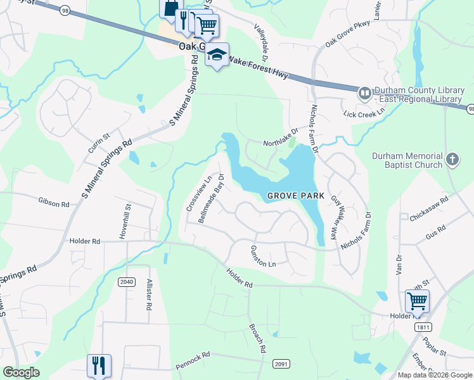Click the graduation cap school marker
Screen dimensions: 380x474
217,55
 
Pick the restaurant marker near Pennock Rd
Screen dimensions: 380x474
99,365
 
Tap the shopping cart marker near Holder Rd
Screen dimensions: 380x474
417,301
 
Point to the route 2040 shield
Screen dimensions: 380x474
126,281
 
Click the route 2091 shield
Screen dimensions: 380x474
281,363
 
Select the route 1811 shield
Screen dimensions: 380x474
424,327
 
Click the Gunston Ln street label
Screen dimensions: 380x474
264,256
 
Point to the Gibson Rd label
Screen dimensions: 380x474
53,203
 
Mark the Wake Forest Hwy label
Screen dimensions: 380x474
258,66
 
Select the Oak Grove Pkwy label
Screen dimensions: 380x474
347,35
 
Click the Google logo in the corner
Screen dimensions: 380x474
22,372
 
